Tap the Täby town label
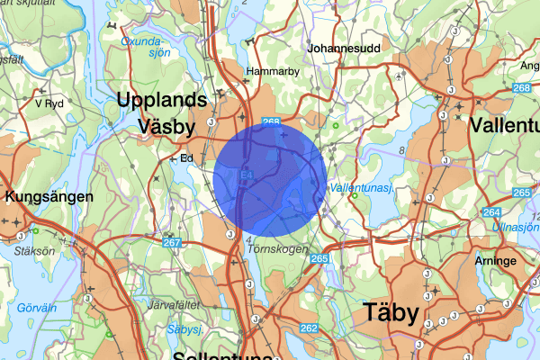(391, 312)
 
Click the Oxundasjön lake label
(145, 46)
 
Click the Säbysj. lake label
(183, 330)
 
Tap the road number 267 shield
(173, 241)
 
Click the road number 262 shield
(309, 328)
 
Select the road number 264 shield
(491, 212)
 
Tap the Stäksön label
(22, 253)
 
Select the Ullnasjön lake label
(517, 228)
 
